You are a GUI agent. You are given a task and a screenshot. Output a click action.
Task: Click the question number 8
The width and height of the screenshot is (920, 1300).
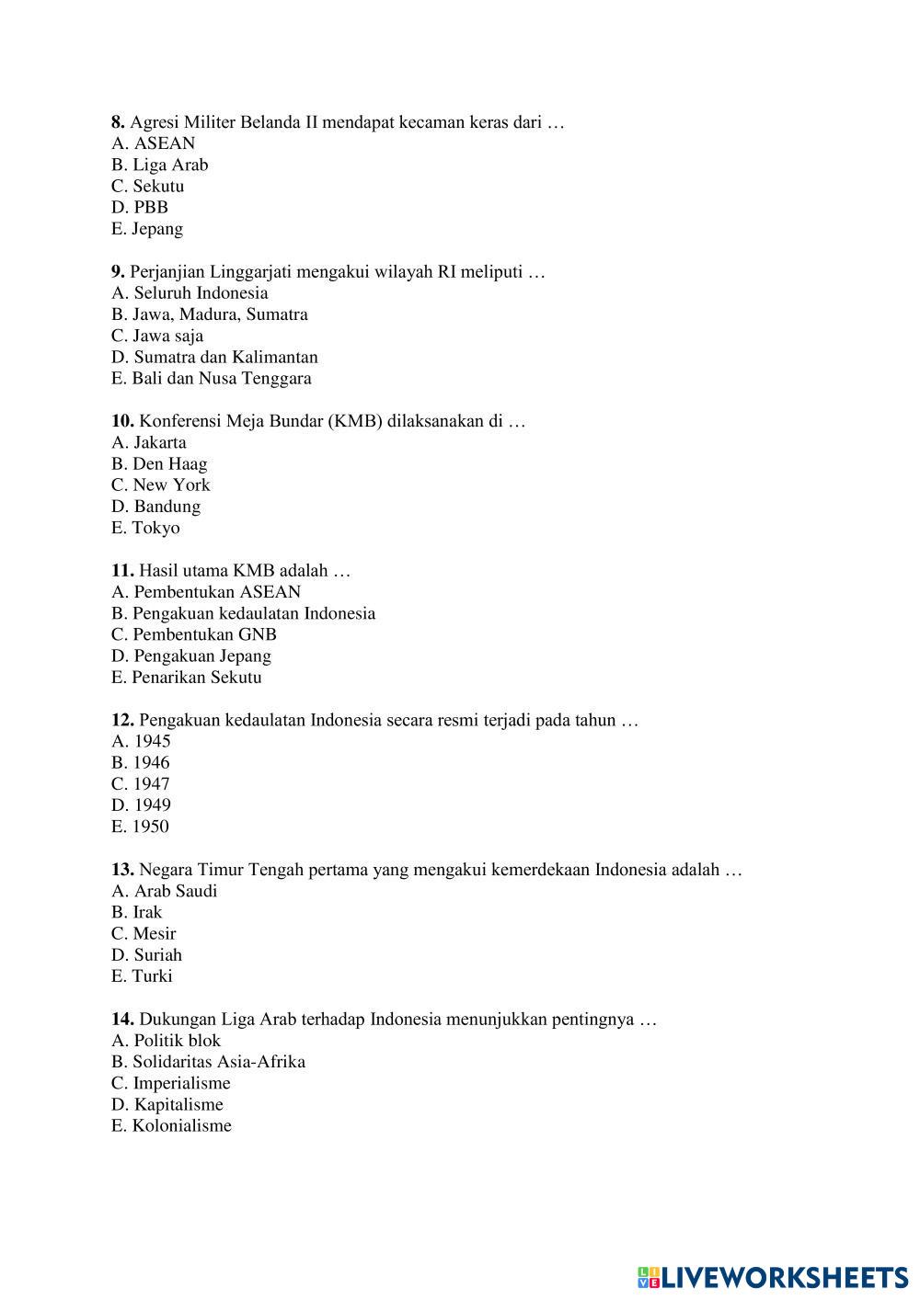[x=118, y=122]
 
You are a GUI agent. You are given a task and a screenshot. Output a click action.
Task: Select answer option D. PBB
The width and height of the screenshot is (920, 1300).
[x=140, y=208]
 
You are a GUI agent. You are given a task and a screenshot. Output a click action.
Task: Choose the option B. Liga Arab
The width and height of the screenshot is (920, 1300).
[x=160, y=165]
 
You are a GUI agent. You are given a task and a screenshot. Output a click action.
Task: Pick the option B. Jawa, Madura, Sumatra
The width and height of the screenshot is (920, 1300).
[x=210, y=314]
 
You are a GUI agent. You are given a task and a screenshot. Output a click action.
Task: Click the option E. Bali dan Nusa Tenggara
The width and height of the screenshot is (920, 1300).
[x=212, y=379]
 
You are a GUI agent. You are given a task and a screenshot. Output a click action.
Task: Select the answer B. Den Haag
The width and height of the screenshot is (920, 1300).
[x=159, y=464]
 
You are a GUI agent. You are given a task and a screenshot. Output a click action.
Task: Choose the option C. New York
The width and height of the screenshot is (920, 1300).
[x=161, y=485]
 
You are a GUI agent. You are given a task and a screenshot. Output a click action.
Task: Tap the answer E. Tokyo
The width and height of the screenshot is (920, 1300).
[x=145, y=529]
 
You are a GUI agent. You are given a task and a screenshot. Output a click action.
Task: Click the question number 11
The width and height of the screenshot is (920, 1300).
[x=122, y=571]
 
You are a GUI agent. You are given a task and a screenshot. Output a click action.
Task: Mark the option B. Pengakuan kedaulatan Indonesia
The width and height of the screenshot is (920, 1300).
[x=244, y=614]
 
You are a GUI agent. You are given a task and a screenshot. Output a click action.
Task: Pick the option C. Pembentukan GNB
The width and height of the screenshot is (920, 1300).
[x=194, y=635]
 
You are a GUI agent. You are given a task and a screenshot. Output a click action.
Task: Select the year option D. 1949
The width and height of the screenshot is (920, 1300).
[x=141, y=805]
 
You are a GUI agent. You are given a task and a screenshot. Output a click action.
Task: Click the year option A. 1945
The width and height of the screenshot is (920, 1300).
[x=141, y=742]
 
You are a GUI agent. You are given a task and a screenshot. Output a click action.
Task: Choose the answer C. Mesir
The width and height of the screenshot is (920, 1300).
[x=144, y=934]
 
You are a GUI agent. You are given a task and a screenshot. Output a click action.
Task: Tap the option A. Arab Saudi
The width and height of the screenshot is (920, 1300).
[x=165, y=892]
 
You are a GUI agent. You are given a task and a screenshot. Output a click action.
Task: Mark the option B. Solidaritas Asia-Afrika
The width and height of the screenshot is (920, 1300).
[x=209, y=1062]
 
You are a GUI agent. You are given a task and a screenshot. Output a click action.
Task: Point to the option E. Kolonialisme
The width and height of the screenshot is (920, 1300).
[x=171, y=1126]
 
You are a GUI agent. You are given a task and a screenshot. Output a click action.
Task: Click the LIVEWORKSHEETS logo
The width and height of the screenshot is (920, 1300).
[x=773, y=1277]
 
